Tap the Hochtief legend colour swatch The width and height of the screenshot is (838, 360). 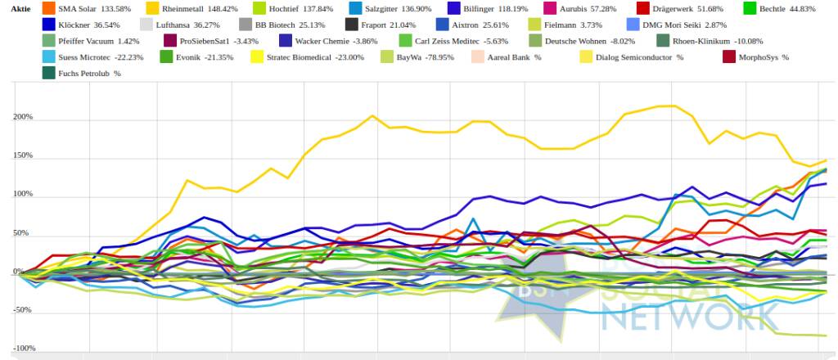pyautogui.click(x=259, y=8)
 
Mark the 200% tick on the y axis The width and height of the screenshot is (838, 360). pyautogui.click(x=22, y=117)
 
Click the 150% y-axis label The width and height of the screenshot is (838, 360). pyautogui.click(x=22, y=155)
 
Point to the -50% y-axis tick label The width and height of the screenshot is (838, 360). pyautogui.click(x=22, y=310)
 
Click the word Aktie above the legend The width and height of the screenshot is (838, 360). pyautogui.click(x=20, y=8)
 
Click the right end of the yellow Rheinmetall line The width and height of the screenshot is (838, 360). pyautogui.click(x=826, y=160)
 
